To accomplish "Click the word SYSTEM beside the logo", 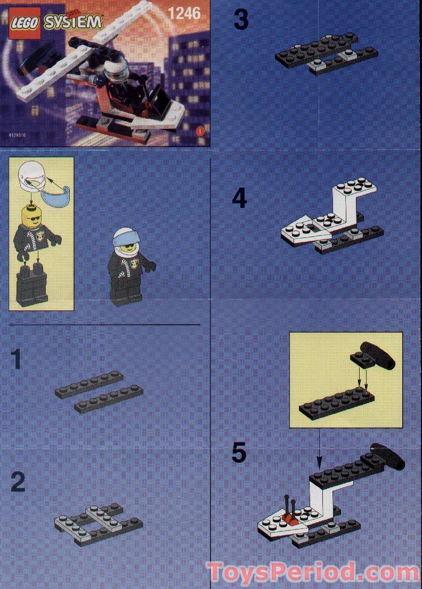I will (x=73, y=22).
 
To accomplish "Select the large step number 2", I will (x=18, y=482).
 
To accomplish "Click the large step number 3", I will (x=241, y=20).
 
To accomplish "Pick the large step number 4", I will (x=240, y=199).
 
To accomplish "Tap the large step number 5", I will (x=239, y=453).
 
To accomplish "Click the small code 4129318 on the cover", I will (x=17, y=135).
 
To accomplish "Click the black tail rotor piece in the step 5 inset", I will (x=377, y=355).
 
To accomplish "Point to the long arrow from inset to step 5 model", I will (x=319, y=443).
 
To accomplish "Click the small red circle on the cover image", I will (x=200, y=130).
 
